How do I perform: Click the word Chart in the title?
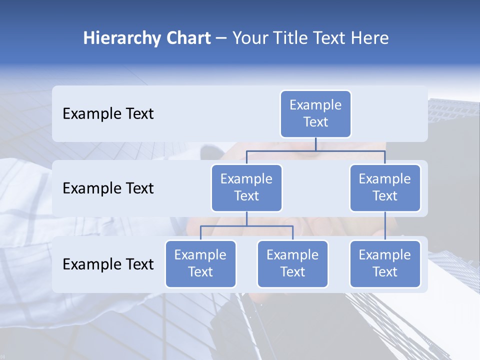185,38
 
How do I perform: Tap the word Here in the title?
370,38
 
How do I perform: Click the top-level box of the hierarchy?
315,114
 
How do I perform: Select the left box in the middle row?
246,188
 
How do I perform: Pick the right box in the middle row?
385,188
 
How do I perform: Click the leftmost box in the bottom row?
200,264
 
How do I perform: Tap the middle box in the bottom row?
292,264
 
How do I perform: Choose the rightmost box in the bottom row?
385,264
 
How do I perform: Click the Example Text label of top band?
108,114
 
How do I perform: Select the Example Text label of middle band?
108,188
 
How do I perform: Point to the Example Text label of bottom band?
108,264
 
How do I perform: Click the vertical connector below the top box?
315,144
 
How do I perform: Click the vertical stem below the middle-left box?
246,218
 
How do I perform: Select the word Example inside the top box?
315,105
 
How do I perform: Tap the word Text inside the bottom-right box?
385,272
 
